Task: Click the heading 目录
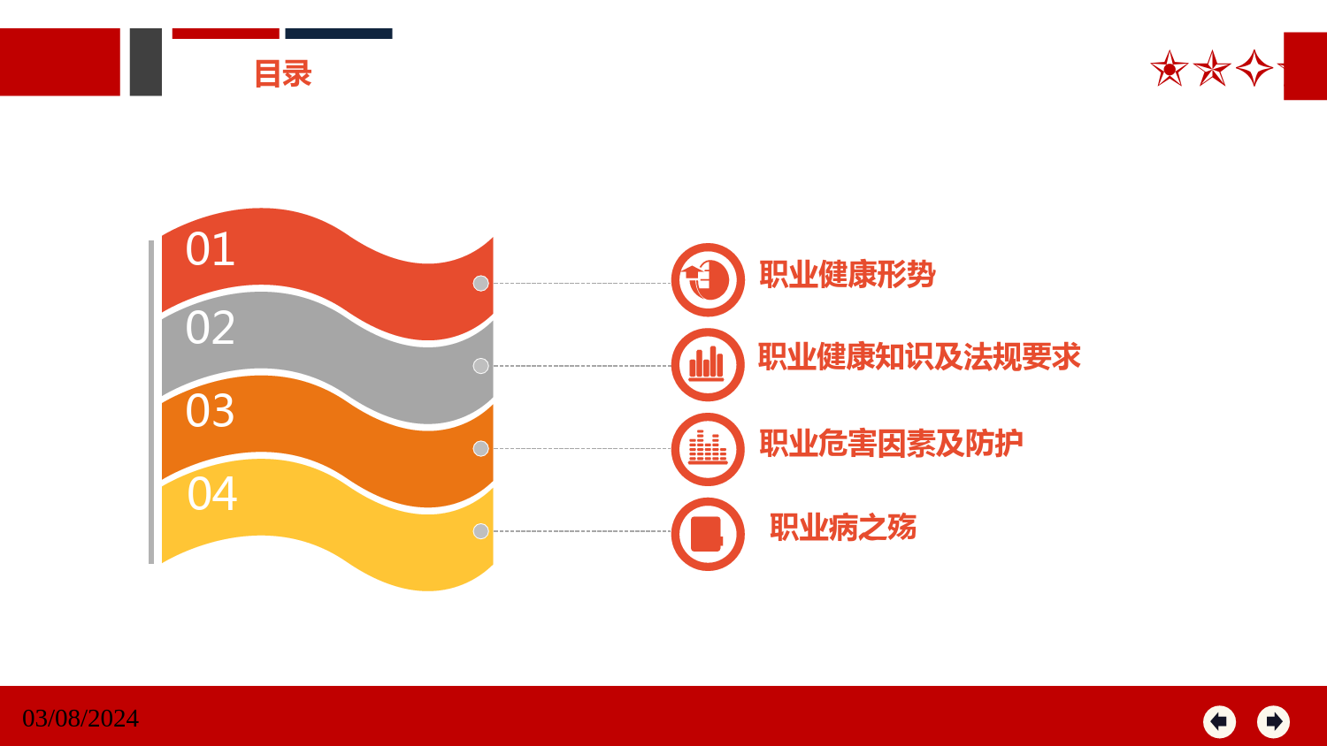[x=283, y=74]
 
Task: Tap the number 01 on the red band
[x=211, y=248]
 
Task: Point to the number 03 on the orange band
[x=211, y=410]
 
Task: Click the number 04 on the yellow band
[x=212, y=493]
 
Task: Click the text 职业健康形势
[x=848, y=274]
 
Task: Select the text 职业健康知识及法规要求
[x=919, y=356]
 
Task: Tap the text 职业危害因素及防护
[x=891, y=443]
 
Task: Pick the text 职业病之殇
[x=843, y=527]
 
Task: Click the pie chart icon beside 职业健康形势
[x=708, y=279]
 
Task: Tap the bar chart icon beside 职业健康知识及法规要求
[x=708, y=365]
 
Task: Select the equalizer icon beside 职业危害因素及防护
[x=708, y=449]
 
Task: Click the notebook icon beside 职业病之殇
[x=708, y=534]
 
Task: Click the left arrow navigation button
[x=1219, y=722]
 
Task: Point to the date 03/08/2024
[x=81, y=719]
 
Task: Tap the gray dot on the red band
[x=480, y=284]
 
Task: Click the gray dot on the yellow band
[x=480, y=531]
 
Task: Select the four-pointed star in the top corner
[x=1254, y=68]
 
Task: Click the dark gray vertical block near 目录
[x=146, y=62]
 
